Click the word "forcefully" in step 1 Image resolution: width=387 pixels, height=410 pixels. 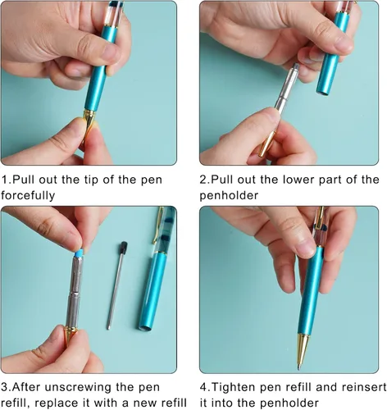click(x=28, y=196)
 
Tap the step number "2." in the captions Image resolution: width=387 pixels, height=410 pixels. click(x=204, y=180)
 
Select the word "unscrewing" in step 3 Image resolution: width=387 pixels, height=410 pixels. click(x=78, y=387)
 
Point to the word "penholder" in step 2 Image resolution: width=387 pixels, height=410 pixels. click(x=229, y=196)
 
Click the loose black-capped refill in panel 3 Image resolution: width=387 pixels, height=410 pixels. click(x=116, y=285)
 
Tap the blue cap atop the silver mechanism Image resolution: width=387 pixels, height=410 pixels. click(x=79, y=253)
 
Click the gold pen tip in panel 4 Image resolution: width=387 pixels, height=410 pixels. click(x=303, y=351)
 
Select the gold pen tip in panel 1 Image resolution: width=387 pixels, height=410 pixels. click(x=89, y=123)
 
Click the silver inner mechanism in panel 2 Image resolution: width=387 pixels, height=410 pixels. click(x=286, y=89)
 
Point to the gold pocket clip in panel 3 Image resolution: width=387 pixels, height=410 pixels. click(x=157, y=225)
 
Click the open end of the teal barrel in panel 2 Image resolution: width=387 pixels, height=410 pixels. click(x=323, y=93)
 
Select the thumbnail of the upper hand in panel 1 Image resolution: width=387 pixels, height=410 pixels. click(x=112, y=52)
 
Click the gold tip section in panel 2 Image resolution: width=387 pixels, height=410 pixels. click(x=267, y=144)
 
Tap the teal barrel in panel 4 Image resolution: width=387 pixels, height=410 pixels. click(x=311, y=290)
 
